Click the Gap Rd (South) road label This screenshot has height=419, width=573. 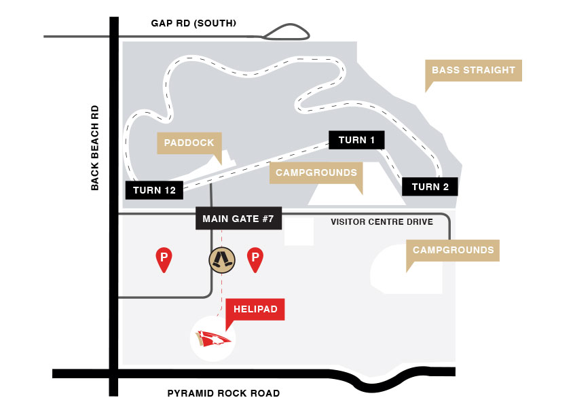coord(193,24)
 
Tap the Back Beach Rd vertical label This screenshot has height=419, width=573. coord(95,147)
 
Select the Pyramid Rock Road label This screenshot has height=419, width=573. coord(223,393)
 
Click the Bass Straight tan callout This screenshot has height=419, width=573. coord(473,71)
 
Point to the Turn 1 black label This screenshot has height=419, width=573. coord(356,140)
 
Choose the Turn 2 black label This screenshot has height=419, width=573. coord(430,187)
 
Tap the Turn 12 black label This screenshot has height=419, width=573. coord(154,190)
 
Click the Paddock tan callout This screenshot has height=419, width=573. coord(189,143)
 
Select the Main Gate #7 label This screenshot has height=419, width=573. coord(238,219)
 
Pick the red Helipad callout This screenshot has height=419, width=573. coord(255,309)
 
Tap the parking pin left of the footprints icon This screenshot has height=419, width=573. coord(164,259)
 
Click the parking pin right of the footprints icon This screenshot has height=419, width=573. coord(255,259)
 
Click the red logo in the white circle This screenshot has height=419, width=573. coord(213,338)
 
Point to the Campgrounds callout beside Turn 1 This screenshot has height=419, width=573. coord(316,172)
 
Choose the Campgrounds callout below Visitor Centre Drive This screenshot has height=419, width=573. coord(453,250)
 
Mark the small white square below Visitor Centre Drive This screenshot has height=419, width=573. coord(299,232)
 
